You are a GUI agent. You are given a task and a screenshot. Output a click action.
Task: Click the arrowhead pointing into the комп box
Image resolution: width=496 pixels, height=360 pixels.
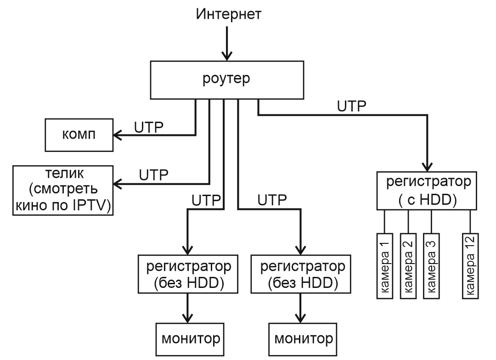pos(118,135)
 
